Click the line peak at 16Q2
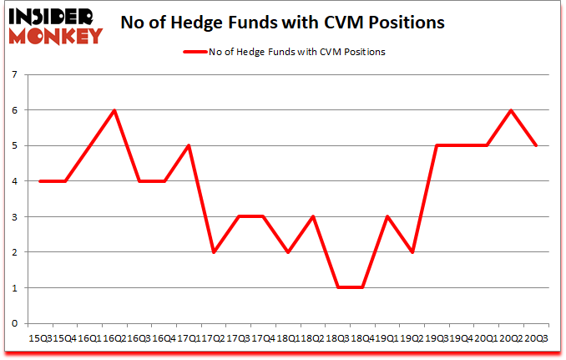(x=114, y=110)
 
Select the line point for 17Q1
(x=189, y=145)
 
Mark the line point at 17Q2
(x=214, y=252)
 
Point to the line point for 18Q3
(x=337, y=287)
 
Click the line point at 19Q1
(x=387, y=216)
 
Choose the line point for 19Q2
(x=412, y=252)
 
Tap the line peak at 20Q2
(x=511, y=110)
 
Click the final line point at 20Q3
(x=536, y=145)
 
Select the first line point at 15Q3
(x=40, y=181)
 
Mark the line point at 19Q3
(x=437, y=145)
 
